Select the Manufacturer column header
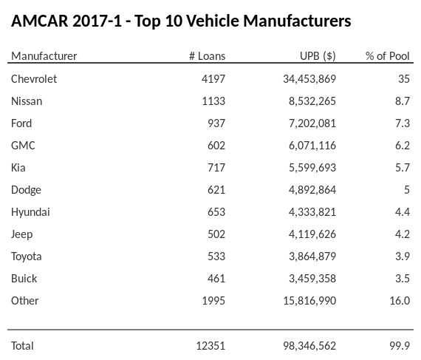coord(44,56)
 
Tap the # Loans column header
coord(208,56)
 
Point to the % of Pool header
coord(387,56)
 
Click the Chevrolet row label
coord(34,78)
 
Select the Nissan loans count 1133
coord(212,101)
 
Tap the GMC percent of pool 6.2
coord(402,145)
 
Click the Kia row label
coord(18,167)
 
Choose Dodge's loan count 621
coord(215,189)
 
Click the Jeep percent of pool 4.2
coord(402,234)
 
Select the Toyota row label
coord(27,256)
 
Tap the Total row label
coord(22,345)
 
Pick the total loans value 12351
coord(209,345)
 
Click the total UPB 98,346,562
coord(304,345)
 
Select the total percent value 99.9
coord(400,345)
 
